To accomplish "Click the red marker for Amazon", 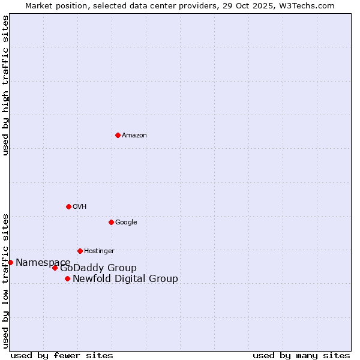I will pyautogui.click(x=118, y=135).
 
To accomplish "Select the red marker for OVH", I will pyautogui.click(x=68, y=206).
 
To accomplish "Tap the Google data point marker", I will pyautogui.click(x=111, y=222).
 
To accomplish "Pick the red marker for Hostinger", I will pyautogui.click(x=80, y=251).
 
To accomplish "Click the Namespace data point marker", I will pyautogui.click(x=10, y=262).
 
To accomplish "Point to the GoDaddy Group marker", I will pyautogui.click(x=55, y=268).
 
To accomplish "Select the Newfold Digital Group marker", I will pyautogui.click(x=67, y=278).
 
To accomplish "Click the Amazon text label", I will pyautogui.click(x=134, y=136).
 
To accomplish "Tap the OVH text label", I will pyautogui.click(x=80, y=207).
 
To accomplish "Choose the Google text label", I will pyautogui.click(x=126, y=223).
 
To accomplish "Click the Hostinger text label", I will pyautogui.click(x=99, y=251).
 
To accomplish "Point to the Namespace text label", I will pyautogui.click(x=43, y=263).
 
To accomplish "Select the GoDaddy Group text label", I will pyautogui.click(x=98, y=268).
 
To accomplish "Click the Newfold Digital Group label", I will pyautogui.click(x=125, y=279).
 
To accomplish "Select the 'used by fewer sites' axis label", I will pyautogui.click(x=62, y=356).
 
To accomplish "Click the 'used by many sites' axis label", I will pyautogui.click(x=301, y=356).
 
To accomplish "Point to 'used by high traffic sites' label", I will pyautogui.click(x=5, y=85).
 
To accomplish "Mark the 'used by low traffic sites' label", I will pyautogui.click(x=5, y=280).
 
